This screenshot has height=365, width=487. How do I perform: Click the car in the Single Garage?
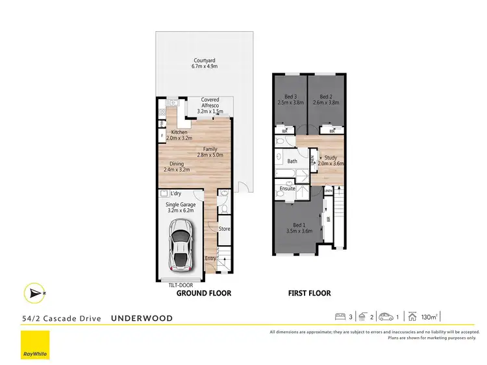pos(181,244)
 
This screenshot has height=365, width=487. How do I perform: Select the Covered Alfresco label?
pos(210,104)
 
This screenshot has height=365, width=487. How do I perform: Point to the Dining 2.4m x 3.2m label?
pos(177,167)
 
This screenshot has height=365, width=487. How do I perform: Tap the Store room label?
pos(224,228)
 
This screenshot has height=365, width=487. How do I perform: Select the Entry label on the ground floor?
pos(210,259)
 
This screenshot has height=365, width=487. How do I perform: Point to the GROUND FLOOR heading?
pos(204,294)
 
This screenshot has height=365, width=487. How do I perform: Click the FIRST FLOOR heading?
pos(309,294)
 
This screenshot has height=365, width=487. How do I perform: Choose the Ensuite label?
pos(287,189)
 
